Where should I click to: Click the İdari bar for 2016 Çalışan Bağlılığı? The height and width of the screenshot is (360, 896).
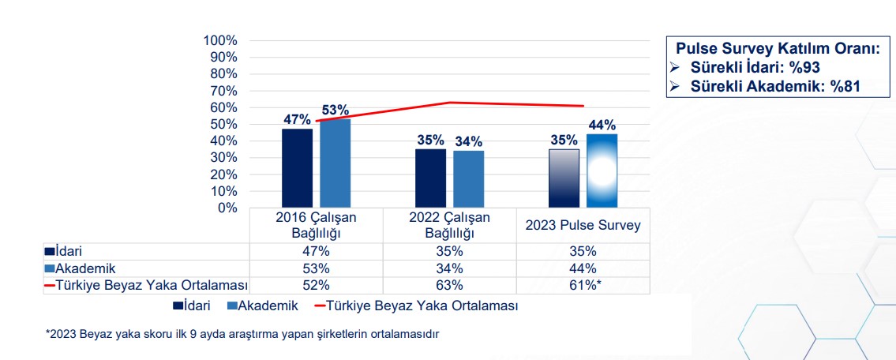click(298, 168)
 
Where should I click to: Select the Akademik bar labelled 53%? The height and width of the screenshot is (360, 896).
click(336, 163)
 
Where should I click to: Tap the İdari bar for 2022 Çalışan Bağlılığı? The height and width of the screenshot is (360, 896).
click(431, 178)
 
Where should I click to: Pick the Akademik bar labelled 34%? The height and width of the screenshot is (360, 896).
click(469, 179)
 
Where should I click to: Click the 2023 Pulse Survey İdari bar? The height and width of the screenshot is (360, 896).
click(564, 178)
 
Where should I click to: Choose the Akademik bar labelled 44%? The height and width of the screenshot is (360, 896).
click(602, 171)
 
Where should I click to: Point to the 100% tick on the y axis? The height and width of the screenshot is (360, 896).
click(220, 40)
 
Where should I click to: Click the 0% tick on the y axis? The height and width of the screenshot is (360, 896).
click(226, 208)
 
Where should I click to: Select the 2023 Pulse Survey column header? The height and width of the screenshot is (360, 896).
click(583, 226)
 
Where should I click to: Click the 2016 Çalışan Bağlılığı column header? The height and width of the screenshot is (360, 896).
click(317, 225)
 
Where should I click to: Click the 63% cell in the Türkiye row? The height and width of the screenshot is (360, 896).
click(450, 285)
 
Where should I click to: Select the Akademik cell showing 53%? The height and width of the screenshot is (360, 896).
click(317, 268)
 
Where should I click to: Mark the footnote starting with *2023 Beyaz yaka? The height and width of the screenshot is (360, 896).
click(242, 334)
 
